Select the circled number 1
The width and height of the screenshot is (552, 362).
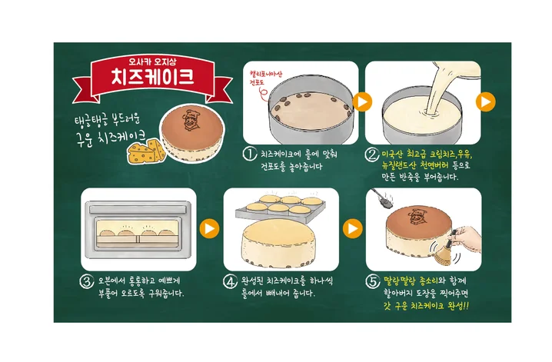point(249,154)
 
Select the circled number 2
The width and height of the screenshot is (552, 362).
point(371,154)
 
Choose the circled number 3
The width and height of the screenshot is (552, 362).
point(87,281)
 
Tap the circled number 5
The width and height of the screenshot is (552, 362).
point(371,281)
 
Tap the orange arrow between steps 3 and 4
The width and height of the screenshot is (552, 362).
point(208,228)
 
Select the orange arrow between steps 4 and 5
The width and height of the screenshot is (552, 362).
point(352,228)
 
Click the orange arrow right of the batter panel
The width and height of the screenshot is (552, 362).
point(485,101)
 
